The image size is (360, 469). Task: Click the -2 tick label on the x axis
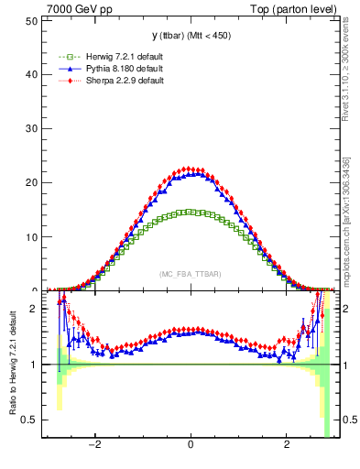point(94,446)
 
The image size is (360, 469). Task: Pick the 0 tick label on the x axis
point(190,446)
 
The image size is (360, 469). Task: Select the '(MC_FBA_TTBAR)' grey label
point(190,275)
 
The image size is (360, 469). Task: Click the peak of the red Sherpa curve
point(190,169)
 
